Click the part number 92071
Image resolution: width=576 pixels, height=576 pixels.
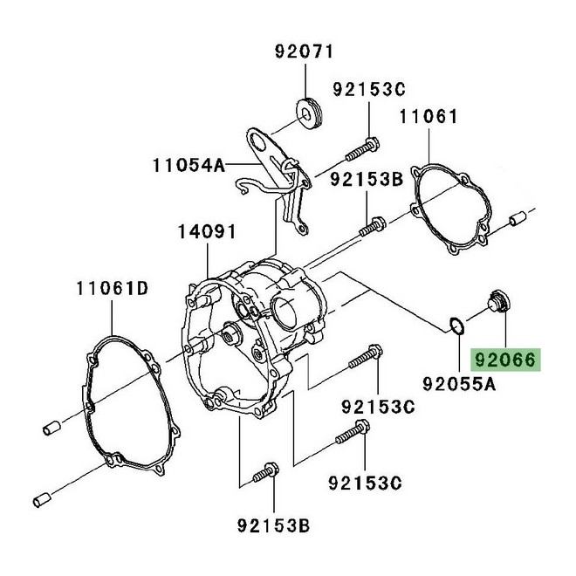click(305, 51)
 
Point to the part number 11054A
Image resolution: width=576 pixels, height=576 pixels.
click(189, 163)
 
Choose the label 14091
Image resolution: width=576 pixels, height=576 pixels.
click(207, 233)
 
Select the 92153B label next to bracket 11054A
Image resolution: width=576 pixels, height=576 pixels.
click(366, 179)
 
